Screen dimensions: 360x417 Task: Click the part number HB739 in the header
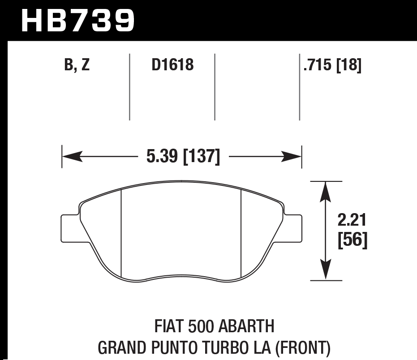coord(77,20)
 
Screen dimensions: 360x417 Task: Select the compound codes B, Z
coord(77,65)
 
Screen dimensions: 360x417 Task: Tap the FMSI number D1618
coord(172,65)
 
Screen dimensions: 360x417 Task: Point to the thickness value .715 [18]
coord(332,65)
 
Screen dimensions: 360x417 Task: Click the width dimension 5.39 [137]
coord(183,157)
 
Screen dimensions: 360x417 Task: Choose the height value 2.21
coord(352,221)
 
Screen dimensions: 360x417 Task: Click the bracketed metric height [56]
coord(352,241)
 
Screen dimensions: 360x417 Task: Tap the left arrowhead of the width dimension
coord(72,157)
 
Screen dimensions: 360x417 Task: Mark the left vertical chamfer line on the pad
coord(122,232)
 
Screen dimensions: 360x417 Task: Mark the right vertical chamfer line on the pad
coord(241,232)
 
